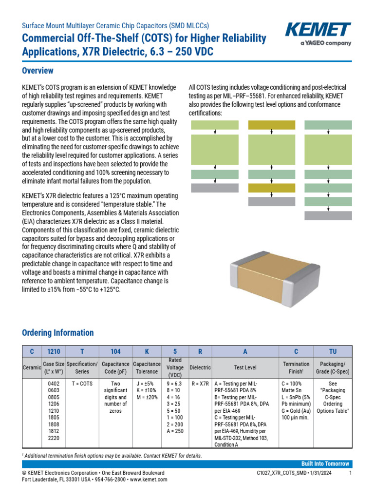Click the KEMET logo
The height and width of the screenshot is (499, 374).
click(x=318, y=31)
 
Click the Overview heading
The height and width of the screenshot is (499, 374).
click(x=38, y=71)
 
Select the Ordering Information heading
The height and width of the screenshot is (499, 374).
click(x=58, y=333)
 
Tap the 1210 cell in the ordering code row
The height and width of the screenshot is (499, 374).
click(x=53, y=351)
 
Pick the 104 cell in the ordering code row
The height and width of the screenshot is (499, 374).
click(x=115, y=351)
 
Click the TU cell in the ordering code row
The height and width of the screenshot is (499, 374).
click(x=333, y=351)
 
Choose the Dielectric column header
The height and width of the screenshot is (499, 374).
click(x=200, y=367)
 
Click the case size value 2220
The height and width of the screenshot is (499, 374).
click(x=53, y=438)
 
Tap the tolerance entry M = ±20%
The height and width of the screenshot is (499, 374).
click(x=147, y=397)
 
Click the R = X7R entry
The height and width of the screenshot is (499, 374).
click(x=200, y=384)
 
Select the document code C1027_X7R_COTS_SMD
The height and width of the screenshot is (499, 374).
click(x=283, y=473)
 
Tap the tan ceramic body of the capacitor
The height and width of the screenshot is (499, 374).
click(x=270, y=275)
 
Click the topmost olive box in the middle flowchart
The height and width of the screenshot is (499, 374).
click(x=272, y=125)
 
